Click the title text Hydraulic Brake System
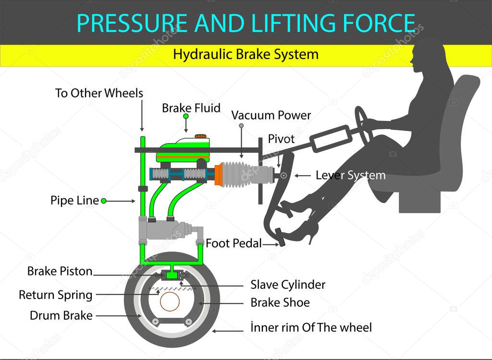246,55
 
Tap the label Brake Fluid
191,108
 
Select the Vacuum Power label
271,115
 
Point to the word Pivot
281,139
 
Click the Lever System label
350,175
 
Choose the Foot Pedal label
234,243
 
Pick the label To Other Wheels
99,93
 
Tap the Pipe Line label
74,200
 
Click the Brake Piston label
60,271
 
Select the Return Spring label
56,295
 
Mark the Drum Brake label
61,315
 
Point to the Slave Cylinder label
288,285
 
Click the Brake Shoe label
280,302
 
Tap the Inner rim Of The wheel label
311,327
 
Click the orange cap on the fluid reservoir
202,136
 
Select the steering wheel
364,125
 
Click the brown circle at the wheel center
170,301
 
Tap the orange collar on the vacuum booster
219,174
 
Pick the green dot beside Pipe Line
104,201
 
